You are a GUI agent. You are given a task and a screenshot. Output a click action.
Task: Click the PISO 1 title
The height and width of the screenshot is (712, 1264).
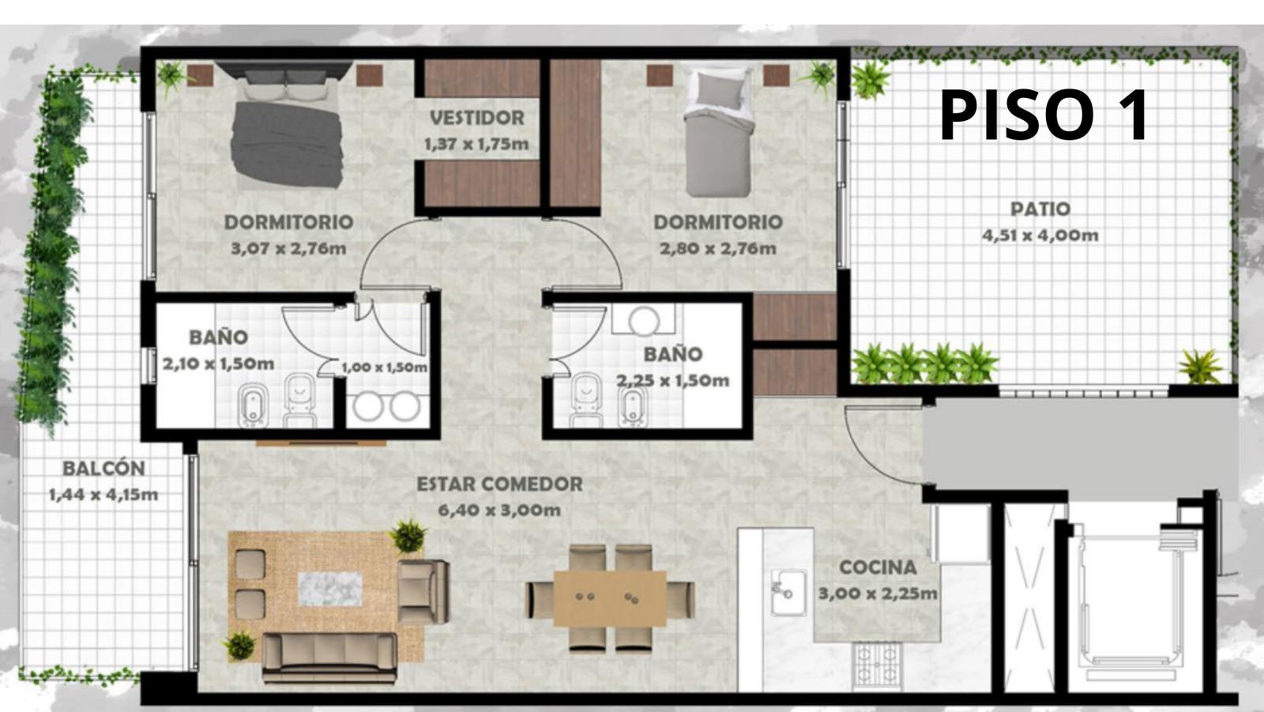(x=1044, y=115)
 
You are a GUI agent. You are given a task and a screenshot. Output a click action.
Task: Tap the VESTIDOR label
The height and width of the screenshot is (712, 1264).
(x=477, y=118)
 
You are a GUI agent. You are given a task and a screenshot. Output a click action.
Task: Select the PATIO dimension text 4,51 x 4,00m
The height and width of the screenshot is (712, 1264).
(x=1040, y=235)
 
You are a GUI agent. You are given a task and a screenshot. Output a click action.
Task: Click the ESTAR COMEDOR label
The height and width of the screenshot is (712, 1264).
(x=499, y=484)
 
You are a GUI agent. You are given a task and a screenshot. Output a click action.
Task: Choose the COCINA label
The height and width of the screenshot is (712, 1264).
(x=878, y=567)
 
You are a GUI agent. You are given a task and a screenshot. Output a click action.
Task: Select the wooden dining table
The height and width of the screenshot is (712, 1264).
(x=609, y=598)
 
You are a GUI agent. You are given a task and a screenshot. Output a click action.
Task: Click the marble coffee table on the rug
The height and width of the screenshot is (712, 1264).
(x=329, y=589)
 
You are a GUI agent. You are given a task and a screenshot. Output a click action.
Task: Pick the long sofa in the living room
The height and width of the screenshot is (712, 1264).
(x=329, y=657)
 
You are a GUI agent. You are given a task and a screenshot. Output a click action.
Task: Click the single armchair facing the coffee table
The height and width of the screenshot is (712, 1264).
(x=423, y=592)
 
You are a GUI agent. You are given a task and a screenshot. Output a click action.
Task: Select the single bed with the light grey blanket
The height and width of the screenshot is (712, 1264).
(x=719, y=133)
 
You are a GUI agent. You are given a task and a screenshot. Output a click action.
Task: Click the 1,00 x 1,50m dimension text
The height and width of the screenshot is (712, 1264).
(x=384, y=367)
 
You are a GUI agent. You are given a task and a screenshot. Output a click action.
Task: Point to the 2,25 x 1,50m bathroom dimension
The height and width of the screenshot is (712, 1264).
(x=672, y=381)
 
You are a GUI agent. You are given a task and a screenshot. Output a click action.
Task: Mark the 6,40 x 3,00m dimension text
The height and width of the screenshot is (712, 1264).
(x=499, y=510)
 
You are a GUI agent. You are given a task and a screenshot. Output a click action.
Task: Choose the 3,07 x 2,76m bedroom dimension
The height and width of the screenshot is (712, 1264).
(x=288, y=248)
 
